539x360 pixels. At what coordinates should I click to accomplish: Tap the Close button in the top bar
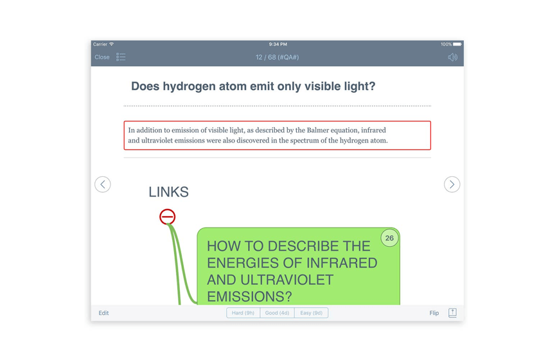point(102,57)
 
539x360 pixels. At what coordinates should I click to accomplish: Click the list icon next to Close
point(121,57)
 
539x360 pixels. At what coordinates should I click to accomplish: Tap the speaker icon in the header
point(453,57)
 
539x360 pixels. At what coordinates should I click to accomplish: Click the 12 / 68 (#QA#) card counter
point(277,57)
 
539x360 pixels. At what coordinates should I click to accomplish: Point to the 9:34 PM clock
point(278,44)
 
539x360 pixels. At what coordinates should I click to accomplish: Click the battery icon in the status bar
point(457,44)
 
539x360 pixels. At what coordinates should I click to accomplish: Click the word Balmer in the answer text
point(317,130)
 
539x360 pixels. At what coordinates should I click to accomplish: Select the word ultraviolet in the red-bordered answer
point(157,140)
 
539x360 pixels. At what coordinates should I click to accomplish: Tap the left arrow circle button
point(102,184)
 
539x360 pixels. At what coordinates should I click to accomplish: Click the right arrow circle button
point(452,184)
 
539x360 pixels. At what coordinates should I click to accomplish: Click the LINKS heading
point(168,192)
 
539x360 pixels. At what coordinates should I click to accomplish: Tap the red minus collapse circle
point(168,217)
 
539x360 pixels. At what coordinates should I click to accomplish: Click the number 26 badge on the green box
point(389,238)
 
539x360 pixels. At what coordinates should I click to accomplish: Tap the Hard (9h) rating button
point(243,313)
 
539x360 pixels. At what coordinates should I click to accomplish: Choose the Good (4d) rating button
point(277,313)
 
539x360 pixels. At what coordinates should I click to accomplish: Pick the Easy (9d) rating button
point(311,313)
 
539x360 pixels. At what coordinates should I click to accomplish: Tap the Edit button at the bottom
point(103,313)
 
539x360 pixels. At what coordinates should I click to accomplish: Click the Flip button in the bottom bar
point(434,313)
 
